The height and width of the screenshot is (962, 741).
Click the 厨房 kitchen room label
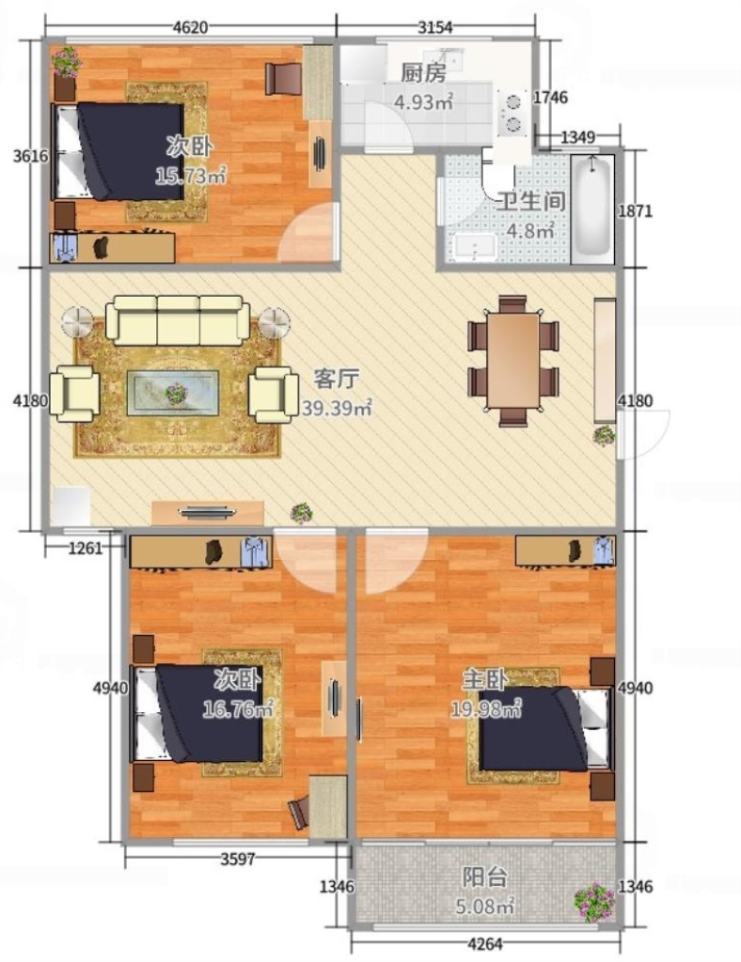pyautogui.click(x=423, y=73)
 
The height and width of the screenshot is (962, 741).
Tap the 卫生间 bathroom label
pyautogui.click(x=530, y=202)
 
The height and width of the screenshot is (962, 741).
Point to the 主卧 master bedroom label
pyautogui.click(x=484, y=679)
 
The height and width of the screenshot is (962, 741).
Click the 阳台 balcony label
pyautogui.click(x=484, y=877)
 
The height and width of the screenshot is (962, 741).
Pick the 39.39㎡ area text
pyautogui.click(x=337, y=408)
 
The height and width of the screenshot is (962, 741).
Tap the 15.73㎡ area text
pyautogui.click(x=191, y=177)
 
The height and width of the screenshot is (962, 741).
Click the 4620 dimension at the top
pyautogui.click(x=190, y=27)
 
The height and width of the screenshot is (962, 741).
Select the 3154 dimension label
pyautogui.click(x=434, y=27)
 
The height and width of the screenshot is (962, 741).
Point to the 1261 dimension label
pyautogui.click(x=86, y=548)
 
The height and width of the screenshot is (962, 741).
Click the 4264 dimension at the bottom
pyautogui.click(x=484, y=943)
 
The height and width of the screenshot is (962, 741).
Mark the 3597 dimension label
pyautogui.click(x=238, y=859)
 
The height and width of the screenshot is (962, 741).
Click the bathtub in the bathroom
pyautogui.click(x=592, y=209)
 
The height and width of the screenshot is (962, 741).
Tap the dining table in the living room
pyautogui.click(x=513, y=360)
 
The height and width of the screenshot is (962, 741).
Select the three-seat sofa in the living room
pyautogui.click(x=178, y=319)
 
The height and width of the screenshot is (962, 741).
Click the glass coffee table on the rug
pyautogui.click(x=175, y=393)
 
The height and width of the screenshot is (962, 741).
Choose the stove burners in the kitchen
pyautogui.click(x=512, y=113)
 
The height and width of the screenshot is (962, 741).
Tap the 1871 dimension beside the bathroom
pyautogui.click(x=636, y=211)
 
